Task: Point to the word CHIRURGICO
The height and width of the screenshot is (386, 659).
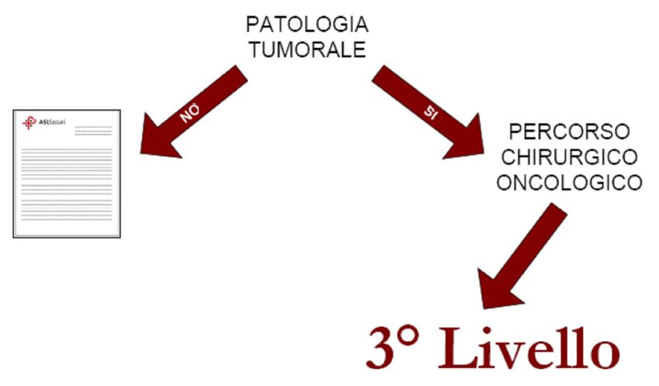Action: [569, 157]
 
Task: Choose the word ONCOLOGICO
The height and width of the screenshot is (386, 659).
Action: [569, 183]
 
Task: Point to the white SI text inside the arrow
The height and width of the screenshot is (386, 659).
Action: [431, 112]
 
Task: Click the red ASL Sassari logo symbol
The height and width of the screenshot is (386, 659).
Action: [29, 123]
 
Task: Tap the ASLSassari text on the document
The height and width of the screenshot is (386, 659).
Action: [53, 122]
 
